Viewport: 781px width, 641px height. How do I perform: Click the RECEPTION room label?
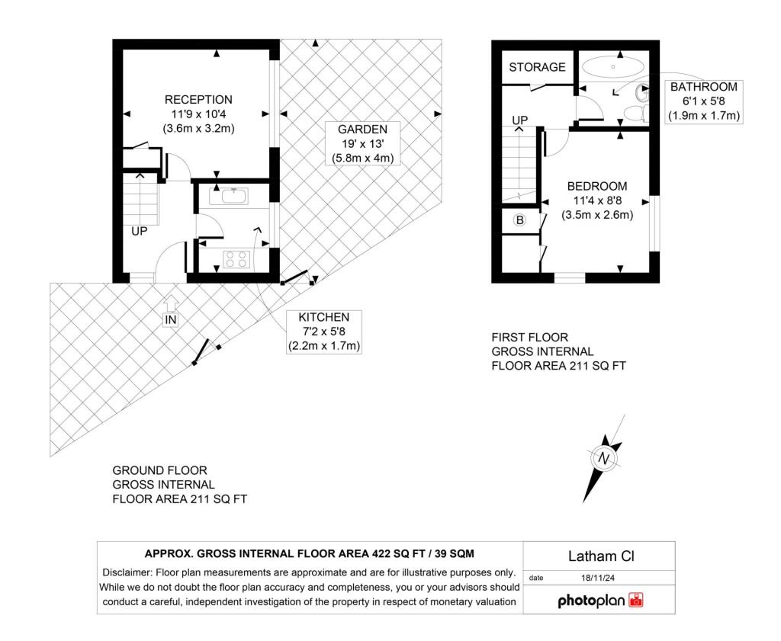[199, 100]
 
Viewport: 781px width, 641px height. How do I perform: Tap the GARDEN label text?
[362, 130]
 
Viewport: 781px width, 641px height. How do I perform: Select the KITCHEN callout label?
[323, 318]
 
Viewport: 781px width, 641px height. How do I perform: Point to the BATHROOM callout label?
[704, 87]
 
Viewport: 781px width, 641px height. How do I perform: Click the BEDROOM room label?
[597, 187]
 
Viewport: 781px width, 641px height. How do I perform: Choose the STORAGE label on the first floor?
[537, 67]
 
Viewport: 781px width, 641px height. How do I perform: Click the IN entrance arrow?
[171, 302]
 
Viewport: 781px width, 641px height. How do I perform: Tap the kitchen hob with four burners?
[236, 259]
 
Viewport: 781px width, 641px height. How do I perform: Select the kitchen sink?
[234, 197]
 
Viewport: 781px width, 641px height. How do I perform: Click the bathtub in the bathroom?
[612, 66]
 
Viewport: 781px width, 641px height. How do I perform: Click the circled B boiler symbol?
[519, 220]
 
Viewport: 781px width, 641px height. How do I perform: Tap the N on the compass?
[604, 458]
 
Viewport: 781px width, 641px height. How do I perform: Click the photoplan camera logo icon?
[636, 600]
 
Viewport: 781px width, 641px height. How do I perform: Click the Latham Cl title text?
[601, 556]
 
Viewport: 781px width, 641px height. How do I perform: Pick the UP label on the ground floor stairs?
[140, 232]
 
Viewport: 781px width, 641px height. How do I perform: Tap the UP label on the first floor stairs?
[520, 120]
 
